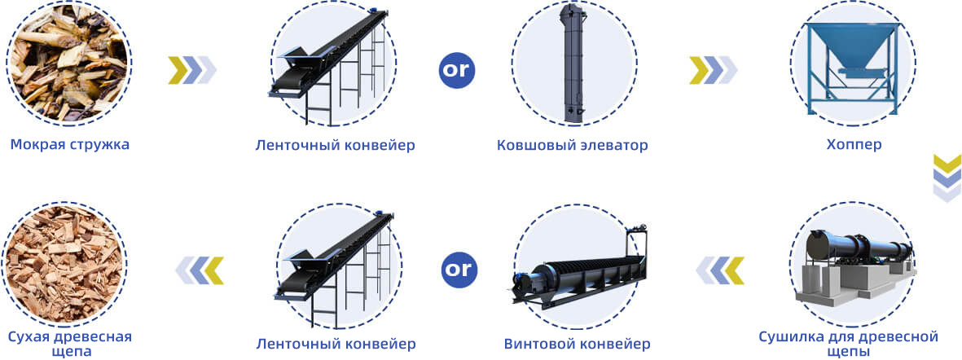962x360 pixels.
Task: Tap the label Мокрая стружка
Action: tap(70, 145)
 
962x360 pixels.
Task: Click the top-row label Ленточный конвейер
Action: tap(335, 145)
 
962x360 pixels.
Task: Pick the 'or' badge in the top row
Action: tap(457, 70)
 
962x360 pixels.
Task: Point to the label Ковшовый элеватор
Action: tap(572, 145)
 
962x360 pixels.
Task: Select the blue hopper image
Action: tap(853, 68)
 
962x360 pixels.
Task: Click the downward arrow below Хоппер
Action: tap(947, 178)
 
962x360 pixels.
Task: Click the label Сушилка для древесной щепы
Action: tap(849, 344)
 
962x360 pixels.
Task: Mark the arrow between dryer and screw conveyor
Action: tap(719, 270)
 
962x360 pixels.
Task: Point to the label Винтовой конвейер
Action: tap(577, 344)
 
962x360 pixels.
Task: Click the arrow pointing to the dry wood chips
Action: tap(200, 270)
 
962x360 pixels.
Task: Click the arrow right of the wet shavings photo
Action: tap(192, 70)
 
